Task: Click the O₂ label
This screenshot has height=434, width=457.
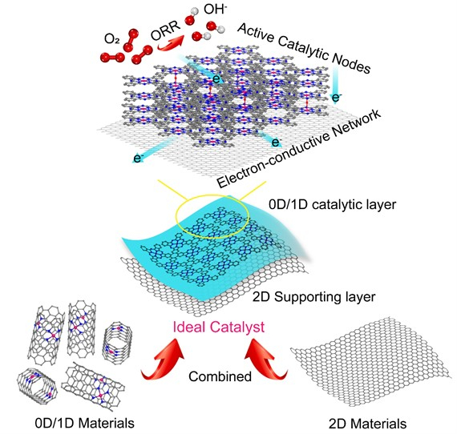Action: point(111,38)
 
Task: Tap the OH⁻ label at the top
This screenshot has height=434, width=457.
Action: point(216,10)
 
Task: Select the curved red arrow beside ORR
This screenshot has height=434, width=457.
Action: point(171,42)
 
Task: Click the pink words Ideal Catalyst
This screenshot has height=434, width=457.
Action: point(219,327)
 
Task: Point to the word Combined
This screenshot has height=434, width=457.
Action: point(220,376)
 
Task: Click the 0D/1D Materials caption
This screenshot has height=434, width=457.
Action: point(84,423)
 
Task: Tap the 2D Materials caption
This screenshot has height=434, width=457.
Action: point(367,424)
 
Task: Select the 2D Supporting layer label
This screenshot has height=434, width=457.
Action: point(313,298)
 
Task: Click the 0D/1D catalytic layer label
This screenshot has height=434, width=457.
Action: point(332,205)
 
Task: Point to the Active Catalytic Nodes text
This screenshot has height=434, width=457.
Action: point(304,48)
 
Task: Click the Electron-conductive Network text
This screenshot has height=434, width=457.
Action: point(299,149)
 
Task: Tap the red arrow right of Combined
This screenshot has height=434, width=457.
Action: point(266,360)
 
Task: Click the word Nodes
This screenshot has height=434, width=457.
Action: point(351,64)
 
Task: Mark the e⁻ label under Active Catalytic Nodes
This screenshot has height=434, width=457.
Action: point(337,98)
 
